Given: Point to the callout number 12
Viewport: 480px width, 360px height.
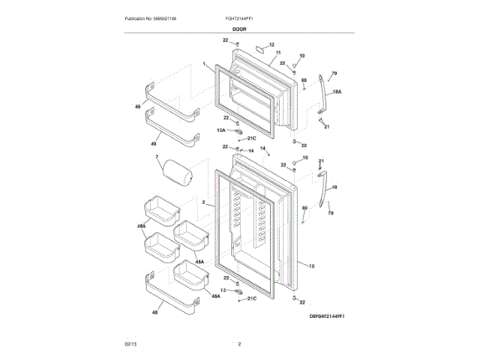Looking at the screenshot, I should [x=271, y=45].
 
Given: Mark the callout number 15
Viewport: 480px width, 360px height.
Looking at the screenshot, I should [x=311, y=266].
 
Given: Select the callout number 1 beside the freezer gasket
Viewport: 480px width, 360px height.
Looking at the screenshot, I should [x=204, y=64].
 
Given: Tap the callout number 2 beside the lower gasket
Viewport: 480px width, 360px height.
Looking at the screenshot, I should [x=204, y=202].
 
